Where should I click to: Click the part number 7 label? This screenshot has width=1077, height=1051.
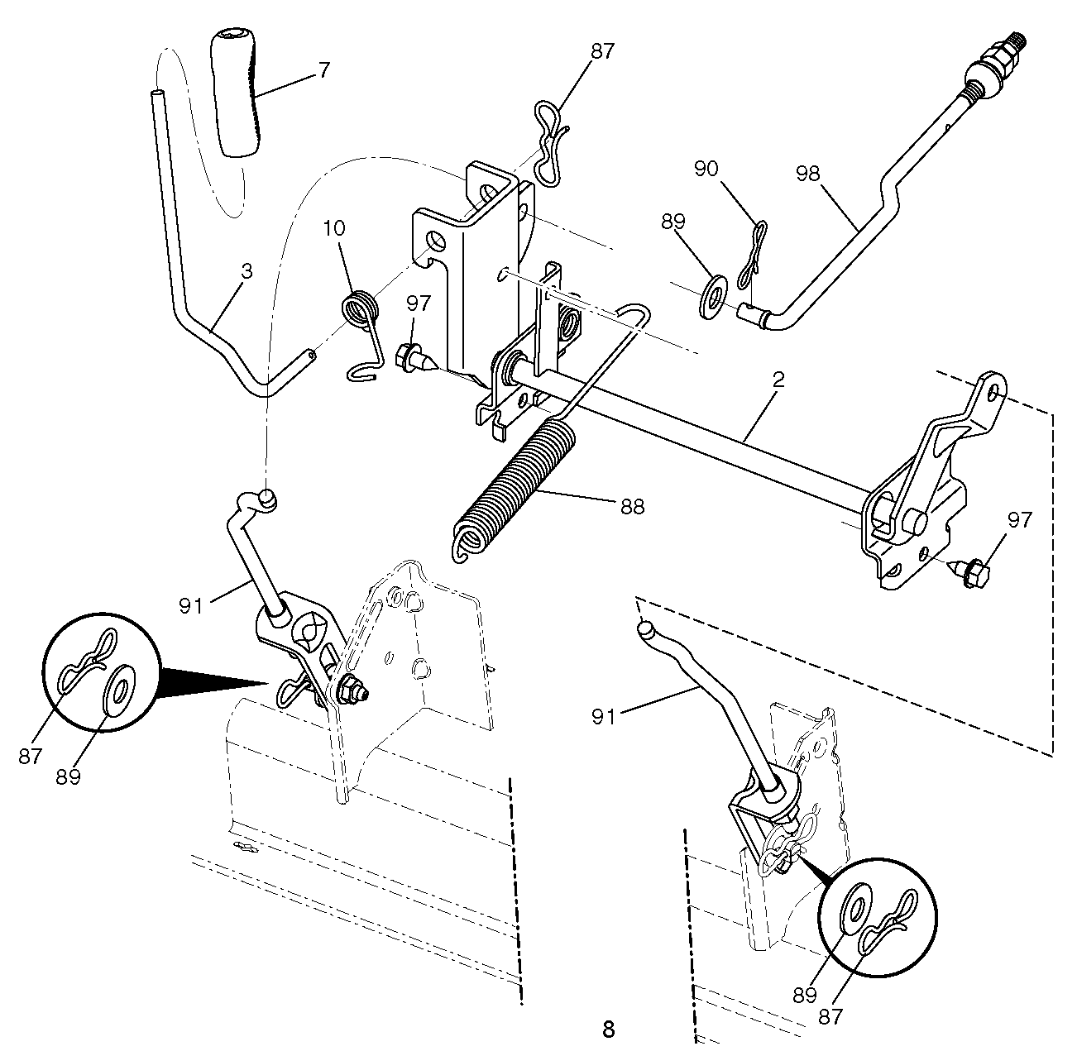324,70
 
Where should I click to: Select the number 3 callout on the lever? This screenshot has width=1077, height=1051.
247,271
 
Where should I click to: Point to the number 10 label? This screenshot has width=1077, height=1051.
333,228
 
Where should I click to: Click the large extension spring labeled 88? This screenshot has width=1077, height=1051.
515,489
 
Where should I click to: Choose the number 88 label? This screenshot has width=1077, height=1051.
632,507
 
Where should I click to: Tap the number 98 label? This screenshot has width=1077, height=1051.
807,174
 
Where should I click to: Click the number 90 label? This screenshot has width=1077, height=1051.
706,169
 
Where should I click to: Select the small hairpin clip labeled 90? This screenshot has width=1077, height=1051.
753,254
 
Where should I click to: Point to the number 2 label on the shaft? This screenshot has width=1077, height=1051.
778,380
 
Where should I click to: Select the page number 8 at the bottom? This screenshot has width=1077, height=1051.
608,1030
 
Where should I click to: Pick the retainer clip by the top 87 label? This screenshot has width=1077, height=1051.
551,141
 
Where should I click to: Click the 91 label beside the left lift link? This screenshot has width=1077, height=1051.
191,606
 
